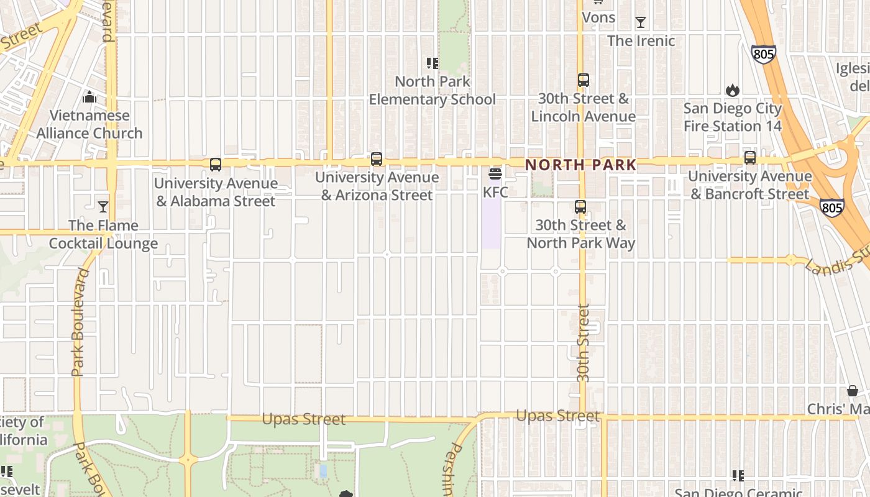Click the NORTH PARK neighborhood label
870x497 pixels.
click(x=580, y=165)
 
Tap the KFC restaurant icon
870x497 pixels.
click(x=495, y=174)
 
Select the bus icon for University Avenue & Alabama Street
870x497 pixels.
click(x=216, y=165)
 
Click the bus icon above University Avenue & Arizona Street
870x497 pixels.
click(x=377, y=159)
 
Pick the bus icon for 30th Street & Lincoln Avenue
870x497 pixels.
click(x=583, y=80)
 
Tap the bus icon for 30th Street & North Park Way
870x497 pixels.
click(x=580, y=207)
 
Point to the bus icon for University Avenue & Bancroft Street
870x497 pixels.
click(x=750, y=158)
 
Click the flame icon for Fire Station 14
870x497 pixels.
click(x=733, y=91)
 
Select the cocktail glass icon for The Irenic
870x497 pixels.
click(x=641, y=23)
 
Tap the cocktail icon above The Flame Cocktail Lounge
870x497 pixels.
click(x=103, y=207)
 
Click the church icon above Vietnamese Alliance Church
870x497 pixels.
click(x=89, y=98)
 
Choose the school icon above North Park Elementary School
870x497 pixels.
click(x=432, y=63)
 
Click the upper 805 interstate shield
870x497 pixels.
click(x=763, y=54)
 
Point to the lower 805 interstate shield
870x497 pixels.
click(x=831, y=207)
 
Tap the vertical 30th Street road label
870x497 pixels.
click(x=582, y=342)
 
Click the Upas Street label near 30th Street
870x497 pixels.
click(x=558, y=416)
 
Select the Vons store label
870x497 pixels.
click(x=598, y=17)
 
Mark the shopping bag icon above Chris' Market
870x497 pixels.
click(x=852, y=391)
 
